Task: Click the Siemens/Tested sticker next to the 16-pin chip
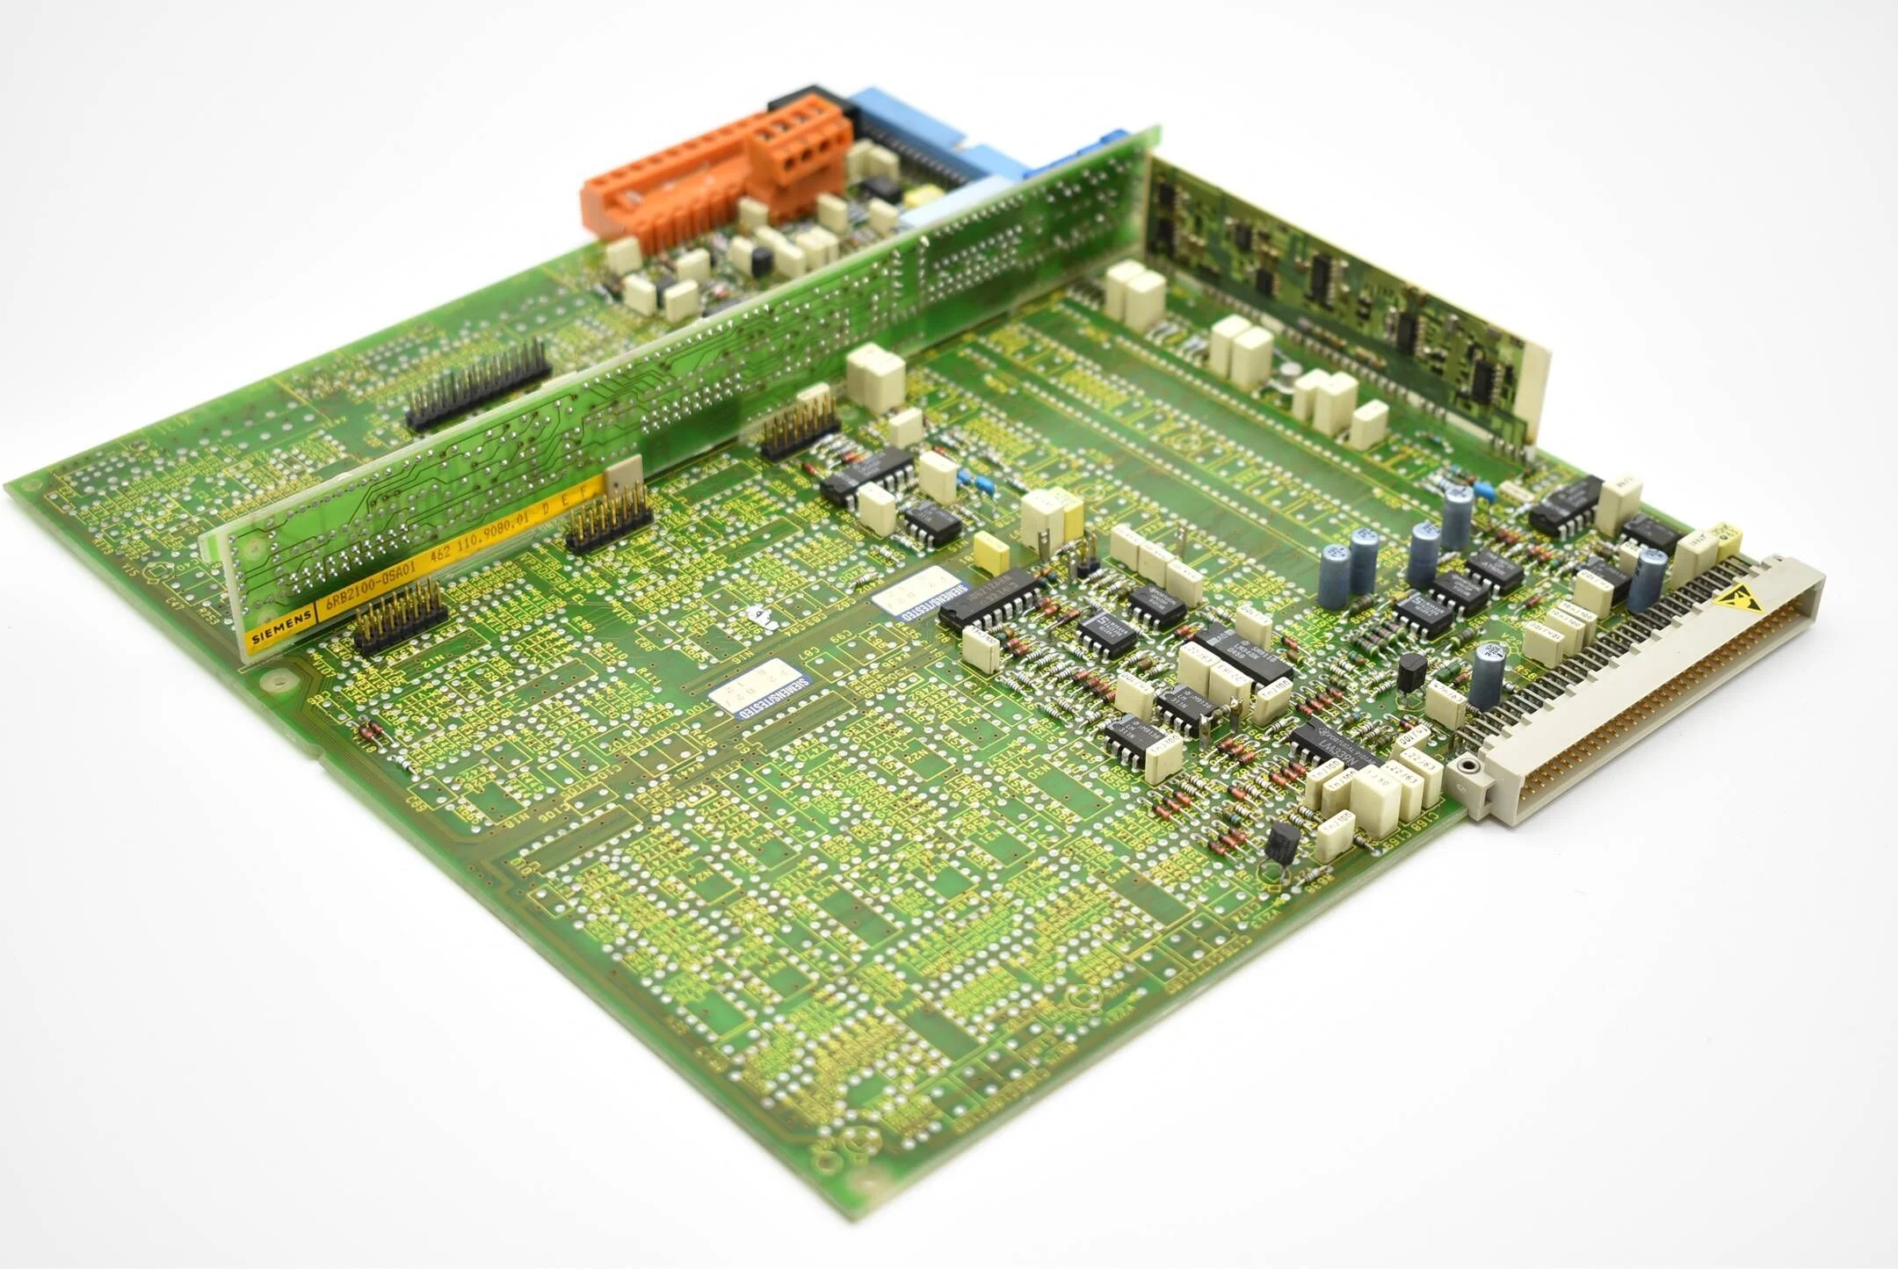pyautogui.click(x=923, y=592)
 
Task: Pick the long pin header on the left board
pyautogui.click(x=479, y=384)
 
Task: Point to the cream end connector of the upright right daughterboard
pyautogui.click(x=1536, y=391)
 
